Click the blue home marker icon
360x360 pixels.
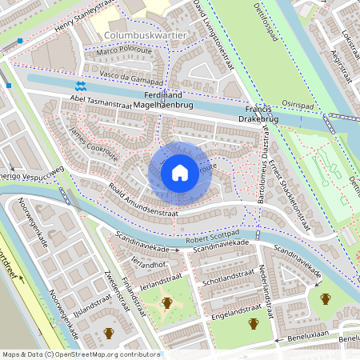(180, 173)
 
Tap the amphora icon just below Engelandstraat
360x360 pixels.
(253, 323)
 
